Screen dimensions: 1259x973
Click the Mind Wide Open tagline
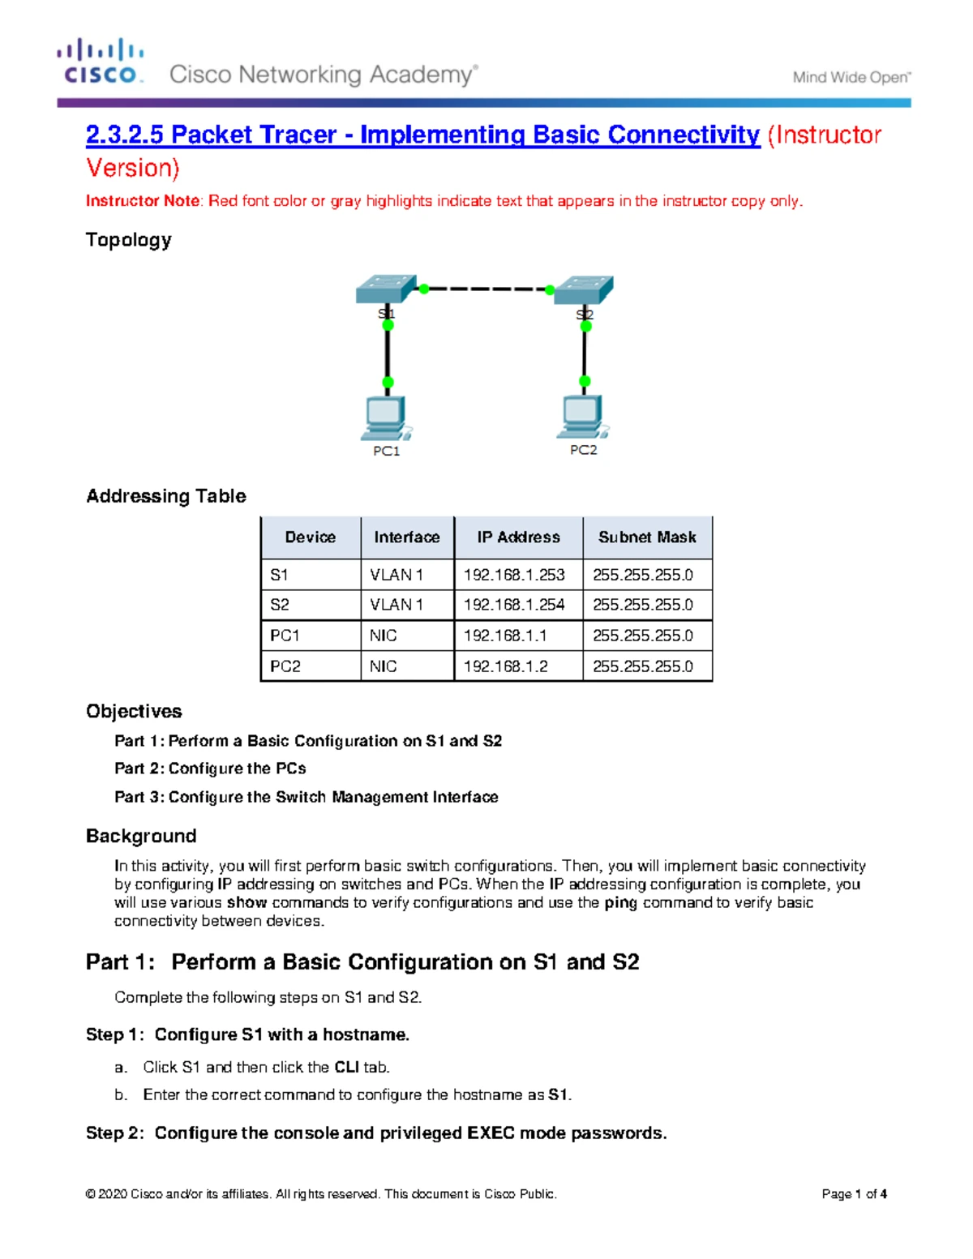(851, 78)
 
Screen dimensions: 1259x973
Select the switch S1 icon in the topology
(386, 289)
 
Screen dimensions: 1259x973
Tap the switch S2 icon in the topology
(584, 290)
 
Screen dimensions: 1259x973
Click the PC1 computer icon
(385, 418)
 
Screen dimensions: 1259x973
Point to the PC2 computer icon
(583, 417)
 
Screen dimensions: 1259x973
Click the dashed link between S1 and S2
(486, 289)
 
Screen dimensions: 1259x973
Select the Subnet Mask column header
(647, 537)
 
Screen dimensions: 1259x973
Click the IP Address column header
(518, 537)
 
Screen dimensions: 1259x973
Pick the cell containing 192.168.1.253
(514, 575)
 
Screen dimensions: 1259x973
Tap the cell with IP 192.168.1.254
(514, 605)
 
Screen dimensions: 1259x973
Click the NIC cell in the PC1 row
(384, 636)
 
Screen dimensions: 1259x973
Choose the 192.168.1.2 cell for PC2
(506, 666)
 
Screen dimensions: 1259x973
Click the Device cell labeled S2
(280, 605)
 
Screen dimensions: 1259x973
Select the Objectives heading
(134, 711)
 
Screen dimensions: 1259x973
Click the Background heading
(141, 836)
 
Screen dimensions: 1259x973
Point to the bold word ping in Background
(620, 903)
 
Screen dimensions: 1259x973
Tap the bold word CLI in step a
(346, 1068)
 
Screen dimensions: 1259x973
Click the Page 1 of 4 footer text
(854, 1194)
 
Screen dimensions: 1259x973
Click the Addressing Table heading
(166, 496)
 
